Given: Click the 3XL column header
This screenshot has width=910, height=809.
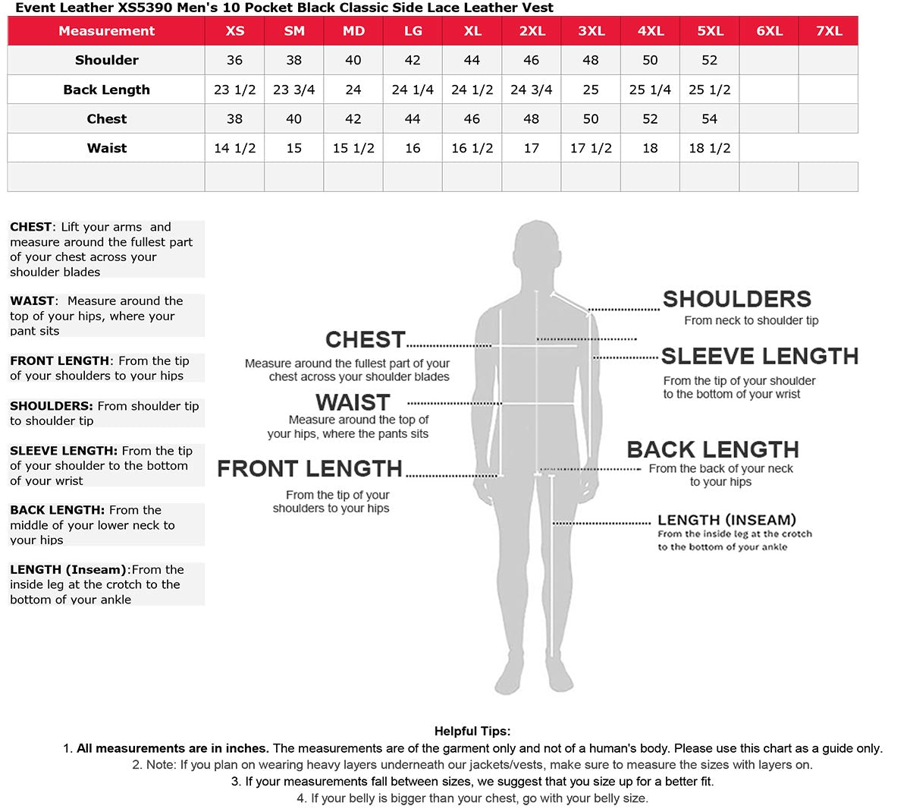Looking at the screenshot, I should (x=591, y=31).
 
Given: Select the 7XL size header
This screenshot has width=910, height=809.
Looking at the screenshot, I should (x=828, y=31).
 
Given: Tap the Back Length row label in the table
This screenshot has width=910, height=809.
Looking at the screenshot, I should (x=106, y=90).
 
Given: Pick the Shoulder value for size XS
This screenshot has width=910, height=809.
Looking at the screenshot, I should (x=234, y=60).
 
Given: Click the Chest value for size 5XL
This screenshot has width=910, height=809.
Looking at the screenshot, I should (x=709, y=119).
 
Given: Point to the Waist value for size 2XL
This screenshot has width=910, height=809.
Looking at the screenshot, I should (x=531, y=148).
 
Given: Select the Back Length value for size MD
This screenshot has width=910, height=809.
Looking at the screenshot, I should (x=353, y=90).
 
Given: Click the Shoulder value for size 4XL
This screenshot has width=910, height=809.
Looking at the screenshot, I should (x=650, y=60).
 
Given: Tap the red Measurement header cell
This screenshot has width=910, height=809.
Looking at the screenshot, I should (x=106, y=31).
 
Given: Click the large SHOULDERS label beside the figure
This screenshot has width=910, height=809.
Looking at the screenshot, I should (x=736, y=299).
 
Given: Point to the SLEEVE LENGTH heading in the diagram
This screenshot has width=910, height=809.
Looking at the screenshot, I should (x=760, y=356).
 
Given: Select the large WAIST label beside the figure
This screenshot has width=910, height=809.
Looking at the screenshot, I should (x=353, y=402).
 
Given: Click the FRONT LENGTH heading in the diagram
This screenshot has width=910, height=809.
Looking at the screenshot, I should (x=309, y=469).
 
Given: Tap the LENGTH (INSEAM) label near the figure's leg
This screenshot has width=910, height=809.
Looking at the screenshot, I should (x=726, y=520).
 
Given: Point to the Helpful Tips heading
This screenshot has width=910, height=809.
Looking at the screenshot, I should (x=472, y=732).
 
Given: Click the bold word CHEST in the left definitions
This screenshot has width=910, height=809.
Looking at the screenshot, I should (x=30, y=227).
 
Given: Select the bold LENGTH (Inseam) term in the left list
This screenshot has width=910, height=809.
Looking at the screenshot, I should (x=67, y=570).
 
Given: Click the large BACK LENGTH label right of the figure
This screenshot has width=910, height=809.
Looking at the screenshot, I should (x=712, y=449).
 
